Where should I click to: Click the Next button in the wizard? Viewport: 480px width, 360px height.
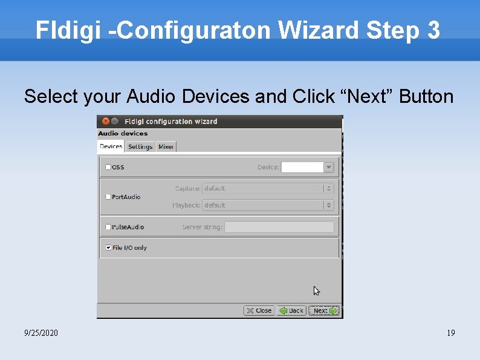pos(324,310)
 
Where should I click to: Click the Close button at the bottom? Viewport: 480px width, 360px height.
pos(259,310)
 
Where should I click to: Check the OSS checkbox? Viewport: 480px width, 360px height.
pos(108,167)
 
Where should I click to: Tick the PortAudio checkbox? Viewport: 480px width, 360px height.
pos(108,197)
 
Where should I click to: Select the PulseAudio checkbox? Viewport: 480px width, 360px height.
pos(108,227)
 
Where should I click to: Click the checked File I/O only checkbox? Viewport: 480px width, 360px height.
pos(108,247)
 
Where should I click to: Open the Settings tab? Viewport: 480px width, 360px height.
pos(140,146)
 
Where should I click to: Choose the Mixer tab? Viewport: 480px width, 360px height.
pos(166,146)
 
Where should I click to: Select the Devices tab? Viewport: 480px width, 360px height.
pos(111,146)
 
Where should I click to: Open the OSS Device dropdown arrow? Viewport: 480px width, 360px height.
pos(329,167)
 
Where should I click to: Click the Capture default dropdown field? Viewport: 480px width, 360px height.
pos(268,188)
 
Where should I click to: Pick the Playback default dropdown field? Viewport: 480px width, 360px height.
pos(268,205)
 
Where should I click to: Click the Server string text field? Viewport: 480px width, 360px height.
pos(279,227)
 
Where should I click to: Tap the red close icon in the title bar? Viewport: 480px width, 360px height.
pos(106,121)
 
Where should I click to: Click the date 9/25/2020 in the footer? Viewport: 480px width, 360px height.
pos(41,333)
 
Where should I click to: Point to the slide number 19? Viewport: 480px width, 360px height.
pos(450,333)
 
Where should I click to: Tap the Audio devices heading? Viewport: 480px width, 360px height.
pos(123,133)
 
